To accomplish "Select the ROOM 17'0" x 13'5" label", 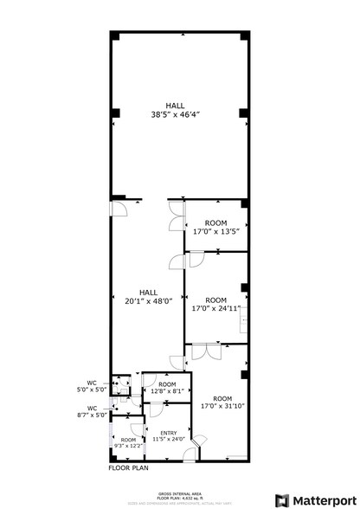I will point(215,228).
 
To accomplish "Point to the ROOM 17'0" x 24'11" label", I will point(215,305).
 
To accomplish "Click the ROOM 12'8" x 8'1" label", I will point(167,389).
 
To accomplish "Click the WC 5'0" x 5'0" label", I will point(96,386).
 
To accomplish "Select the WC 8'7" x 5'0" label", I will point(96,411).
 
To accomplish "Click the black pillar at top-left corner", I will point(113,35).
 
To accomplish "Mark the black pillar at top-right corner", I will point(246,35).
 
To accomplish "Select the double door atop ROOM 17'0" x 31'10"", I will point(206,351).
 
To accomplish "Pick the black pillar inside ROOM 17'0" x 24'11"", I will point(245,287).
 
